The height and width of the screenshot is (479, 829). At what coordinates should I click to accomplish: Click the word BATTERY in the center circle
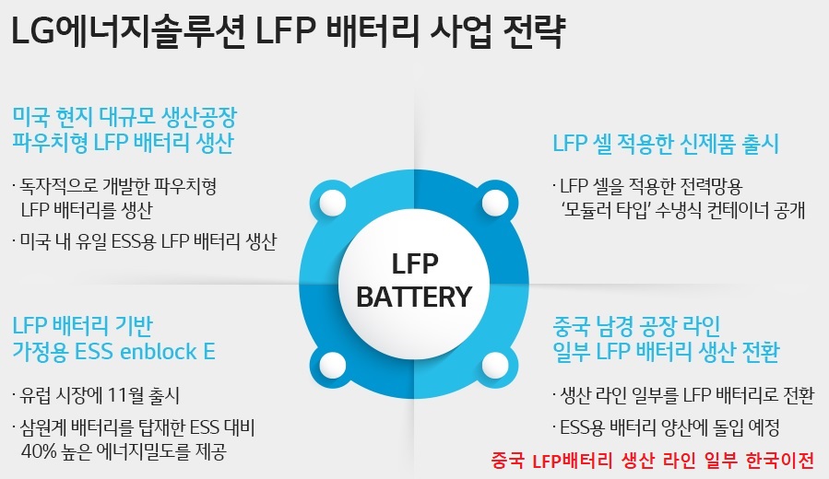click(414, 297)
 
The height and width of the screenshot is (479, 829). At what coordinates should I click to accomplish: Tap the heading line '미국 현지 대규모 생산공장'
click(125, 116)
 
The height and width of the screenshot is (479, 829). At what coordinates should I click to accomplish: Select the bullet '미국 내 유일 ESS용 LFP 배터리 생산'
click(144, 241)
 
